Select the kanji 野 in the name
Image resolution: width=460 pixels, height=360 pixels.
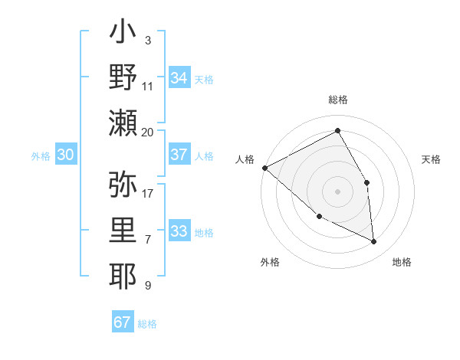point(123,77)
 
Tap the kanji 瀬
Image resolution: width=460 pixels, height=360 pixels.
point(123,123)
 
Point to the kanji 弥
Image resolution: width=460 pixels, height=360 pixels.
point(123,185)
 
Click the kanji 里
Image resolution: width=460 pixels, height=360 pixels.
point(123,231)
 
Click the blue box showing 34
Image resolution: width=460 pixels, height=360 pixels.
point(179,78)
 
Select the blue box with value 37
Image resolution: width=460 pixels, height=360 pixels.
point(179,155)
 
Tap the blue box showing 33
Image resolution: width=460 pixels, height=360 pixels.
point(179,231)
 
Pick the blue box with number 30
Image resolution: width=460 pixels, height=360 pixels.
point(65,155)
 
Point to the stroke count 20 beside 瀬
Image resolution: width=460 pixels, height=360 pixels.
point(148,133)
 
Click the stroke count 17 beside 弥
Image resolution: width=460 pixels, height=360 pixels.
point(148,194)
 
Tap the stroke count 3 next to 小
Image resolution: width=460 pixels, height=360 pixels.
point(148,40)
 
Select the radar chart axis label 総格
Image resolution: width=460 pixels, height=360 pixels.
point(337,100)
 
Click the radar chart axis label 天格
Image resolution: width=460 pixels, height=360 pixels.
point(432,159)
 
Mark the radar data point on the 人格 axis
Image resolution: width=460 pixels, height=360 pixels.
point(264,167)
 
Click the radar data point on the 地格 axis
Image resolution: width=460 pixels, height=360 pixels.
point(374,241)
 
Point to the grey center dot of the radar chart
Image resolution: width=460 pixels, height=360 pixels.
point(337,191)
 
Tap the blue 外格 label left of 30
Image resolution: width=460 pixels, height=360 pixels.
point(41,155)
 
